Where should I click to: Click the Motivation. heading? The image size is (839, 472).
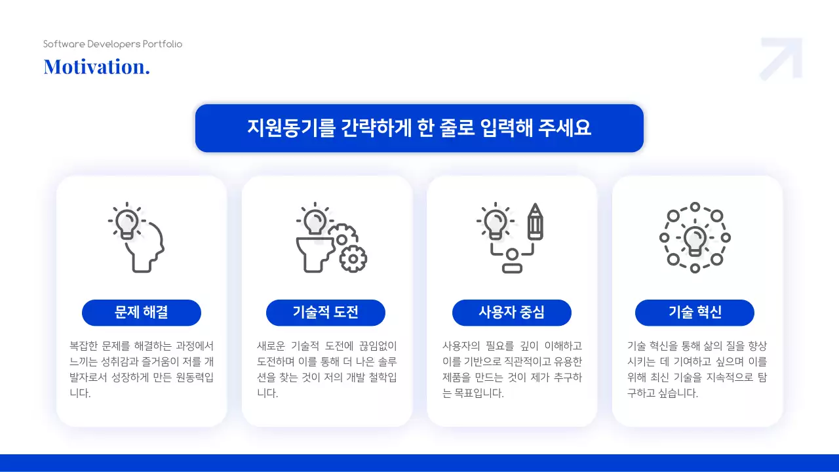(96, 66)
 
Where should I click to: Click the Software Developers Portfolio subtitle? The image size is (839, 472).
(113, 44)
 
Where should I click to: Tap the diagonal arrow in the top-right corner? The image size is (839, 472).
(782, 58)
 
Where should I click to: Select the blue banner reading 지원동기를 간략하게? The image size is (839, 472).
(419, 128)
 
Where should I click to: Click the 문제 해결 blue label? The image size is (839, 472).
(141, 313)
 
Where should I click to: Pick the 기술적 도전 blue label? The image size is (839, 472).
(326, 313)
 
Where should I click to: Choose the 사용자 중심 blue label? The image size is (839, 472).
(511, 313)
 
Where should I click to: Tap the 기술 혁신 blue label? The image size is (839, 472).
(695, 313)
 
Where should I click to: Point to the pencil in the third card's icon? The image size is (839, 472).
(536, 222)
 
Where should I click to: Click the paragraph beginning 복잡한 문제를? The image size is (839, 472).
(141, 369)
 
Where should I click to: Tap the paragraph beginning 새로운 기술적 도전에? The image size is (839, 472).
(326, 369)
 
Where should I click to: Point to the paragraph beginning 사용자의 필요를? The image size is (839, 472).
(512, 369)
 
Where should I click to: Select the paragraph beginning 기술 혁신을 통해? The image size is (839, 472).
(697, 369)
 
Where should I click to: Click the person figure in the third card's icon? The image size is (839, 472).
(512, 260)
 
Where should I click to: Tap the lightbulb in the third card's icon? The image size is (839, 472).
(496, 221)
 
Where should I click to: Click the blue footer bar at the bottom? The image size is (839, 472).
(419, 463)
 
